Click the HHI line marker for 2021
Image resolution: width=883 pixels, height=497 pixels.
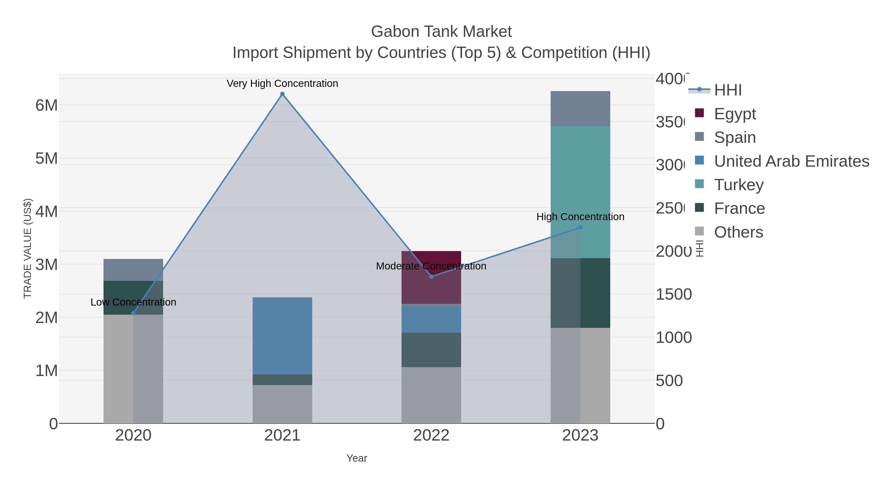[x=282, y=94]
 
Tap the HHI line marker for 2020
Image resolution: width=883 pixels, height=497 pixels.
[x=133, y=313]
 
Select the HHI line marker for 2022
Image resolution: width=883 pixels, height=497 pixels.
[x=431, y=276]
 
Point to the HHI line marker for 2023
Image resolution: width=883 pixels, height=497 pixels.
[x=580, y=228]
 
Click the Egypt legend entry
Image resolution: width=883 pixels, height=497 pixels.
[x=735, y=114]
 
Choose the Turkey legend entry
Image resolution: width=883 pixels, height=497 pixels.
[x=739, y=185]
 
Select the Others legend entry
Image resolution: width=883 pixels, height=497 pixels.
[x=738, y=232]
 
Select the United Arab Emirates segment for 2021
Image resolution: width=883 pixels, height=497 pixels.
[x=282, y=336]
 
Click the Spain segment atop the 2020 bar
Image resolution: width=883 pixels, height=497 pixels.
[x=133, y=269]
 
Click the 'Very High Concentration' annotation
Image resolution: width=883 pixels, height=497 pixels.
[x=282, y=83]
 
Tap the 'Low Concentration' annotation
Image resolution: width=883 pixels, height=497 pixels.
[x=133, y=302]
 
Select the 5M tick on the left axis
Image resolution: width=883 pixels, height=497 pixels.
[x=46, y=159]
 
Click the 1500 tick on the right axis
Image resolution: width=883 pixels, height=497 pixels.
[x=674, y=294]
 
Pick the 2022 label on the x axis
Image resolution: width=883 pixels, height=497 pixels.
[x=431, y=435]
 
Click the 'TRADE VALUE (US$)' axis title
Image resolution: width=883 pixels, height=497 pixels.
[x=27, y=248]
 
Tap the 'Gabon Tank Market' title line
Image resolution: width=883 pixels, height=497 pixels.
[x=441, y=32]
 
